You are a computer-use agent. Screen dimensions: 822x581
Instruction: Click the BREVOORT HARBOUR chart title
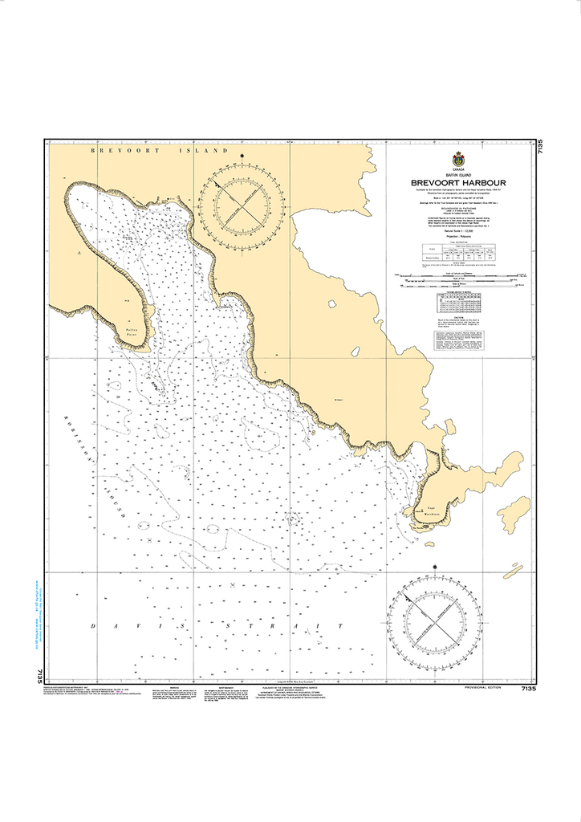(459, 182)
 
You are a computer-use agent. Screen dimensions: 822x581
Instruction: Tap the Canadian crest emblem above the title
(459, 157)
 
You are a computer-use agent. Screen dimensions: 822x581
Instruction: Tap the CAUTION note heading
(459, 316)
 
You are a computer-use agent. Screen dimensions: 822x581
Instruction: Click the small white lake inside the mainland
(331, 303)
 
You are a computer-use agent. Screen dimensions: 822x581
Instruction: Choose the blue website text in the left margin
(37, 610)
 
